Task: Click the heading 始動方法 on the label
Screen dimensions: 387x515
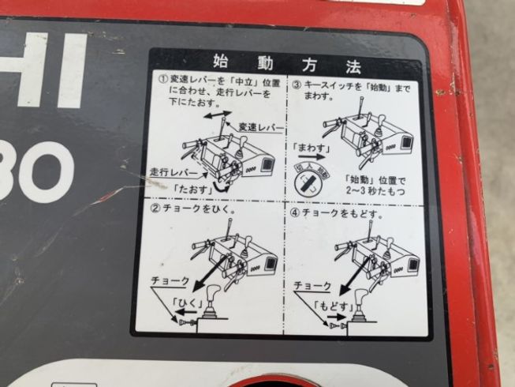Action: pos(285,61)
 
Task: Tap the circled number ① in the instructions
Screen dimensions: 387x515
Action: pos(163,80)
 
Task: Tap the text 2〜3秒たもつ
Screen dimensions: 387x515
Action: pos(374,190)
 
